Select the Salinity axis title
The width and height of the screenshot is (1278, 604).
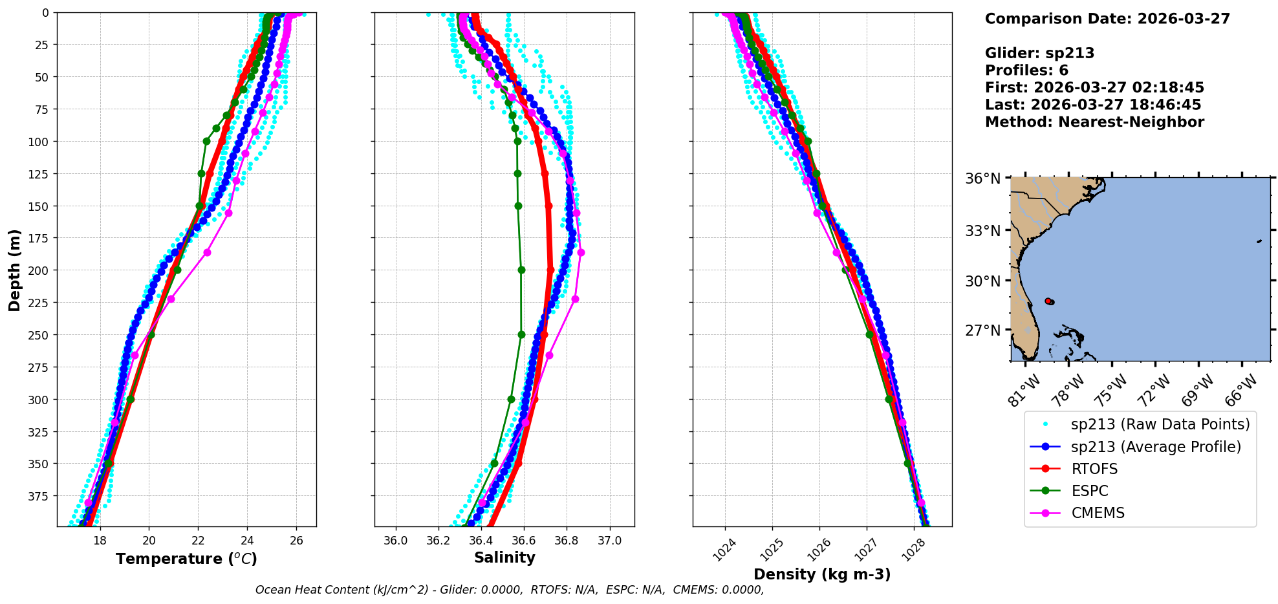504,558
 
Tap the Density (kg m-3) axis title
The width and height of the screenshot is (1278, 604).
822,574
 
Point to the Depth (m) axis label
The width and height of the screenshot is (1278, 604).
14,270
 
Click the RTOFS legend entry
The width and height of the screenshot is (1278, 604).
1094,469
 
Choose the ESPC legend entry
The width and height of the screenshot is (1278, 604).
1090,491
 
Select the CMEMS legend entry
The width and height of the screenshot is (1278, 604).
1098,513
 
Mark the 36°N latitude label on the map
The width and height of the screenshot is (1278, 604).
982,178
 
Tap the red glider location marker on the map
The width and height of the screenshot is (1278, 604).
1048,301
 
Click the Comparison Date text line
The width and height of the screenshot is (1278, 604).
1107,19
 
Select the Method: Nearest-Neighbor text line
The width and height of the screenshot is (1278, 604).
1094,122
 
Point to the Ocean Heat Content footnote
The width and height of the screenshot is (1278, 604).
510,590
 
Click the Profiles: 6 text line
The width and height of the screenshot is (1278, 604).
1026,70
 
